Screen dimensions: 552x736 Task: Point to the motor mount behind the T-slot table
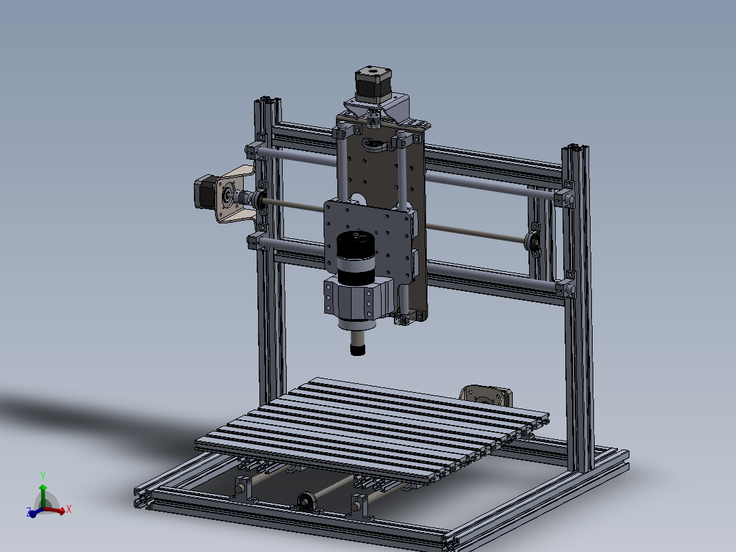tap(486, 396)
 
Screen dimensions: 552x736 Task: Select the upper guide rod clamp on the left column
tap(253, 150)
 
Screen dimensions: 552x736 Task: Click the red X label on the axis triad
tap(69, 509)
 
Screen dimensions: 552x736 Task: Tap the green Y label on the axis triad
tap(42, 475)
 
